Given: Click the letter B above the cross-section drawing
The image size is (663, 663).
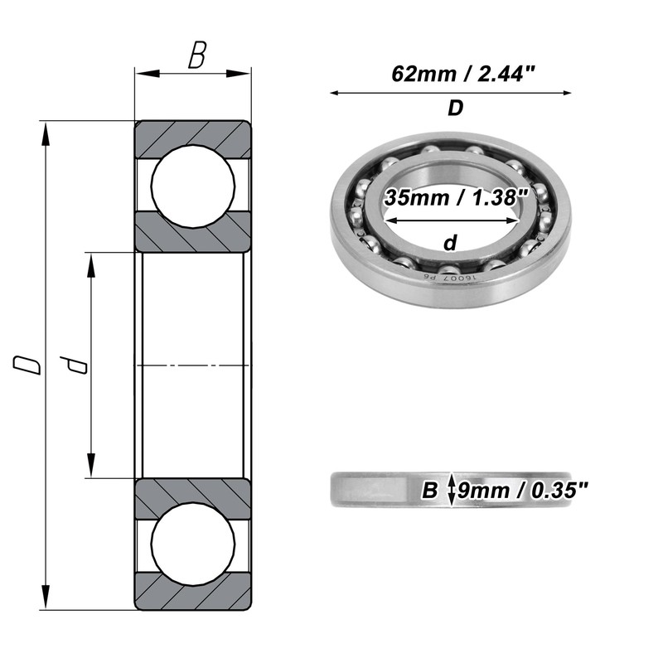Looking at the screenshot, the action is (197, 55).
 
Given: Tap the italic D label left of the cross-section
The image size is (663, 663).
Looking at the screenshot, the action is (27, 365).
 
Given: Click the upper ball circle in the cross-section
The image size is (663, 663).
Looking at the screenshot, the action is (193, 186).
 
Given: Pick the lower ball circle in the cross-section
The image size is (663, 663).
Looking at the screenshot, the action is (193, 544).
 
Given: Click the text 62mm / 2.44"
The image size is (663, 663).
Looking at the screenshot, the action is (463, 75).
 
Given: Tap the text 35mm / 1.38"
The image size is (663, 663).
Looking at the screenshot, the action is (457, 197).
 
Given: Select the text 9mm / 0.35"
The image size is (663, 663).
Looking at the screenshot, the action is (523, 491).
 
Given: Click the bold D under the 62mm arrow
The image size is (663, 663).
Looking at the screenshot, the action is (455, 109).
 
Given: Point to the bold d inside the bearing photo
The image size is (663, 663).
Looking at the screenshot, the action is (451, 243).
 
